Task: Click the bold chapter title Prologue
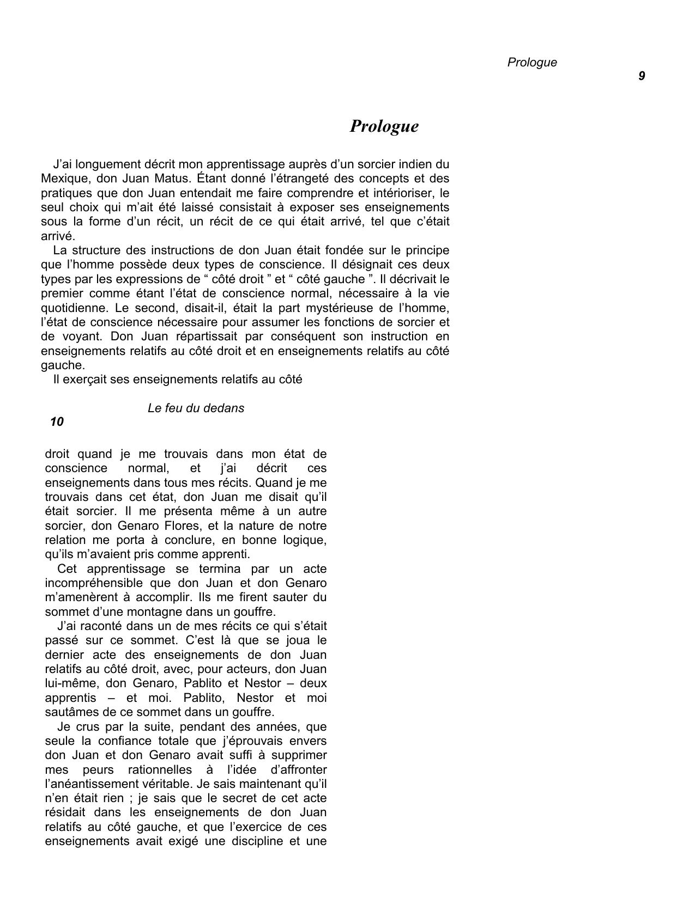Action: [384, 126]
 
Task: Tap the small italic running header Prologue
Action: [532, 63]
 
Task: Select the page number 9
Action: [642, 76]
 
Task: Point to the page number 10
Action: [57, 422]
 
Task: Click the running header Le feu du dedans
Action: [196, 408]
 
